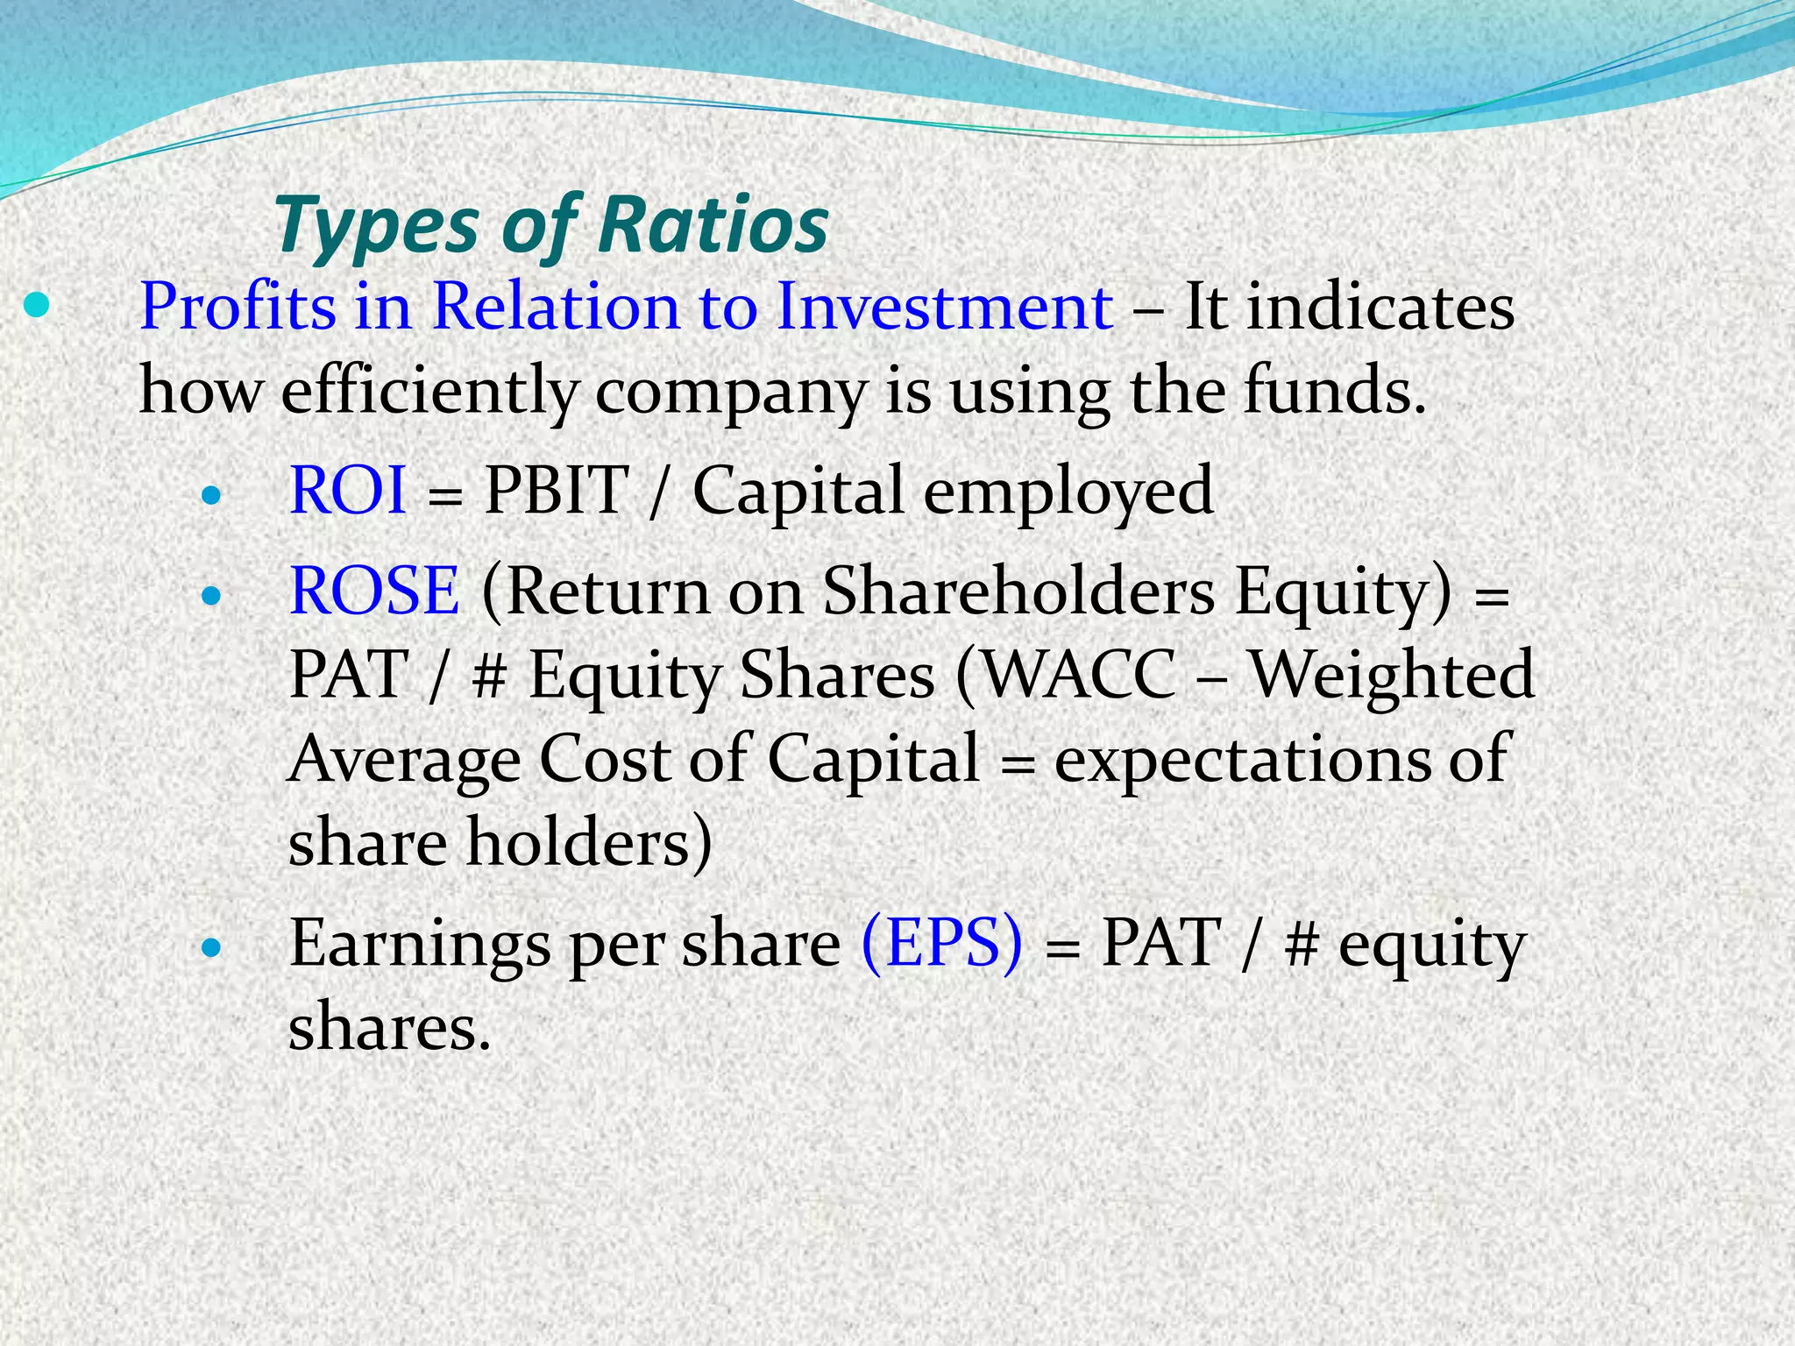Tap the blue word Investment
click(944, 307)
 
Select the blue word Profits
click(238, 307)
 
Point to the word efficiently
click(429, 391)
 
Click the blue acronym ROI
click(347, 490)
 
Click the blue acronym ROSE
click(374, 591)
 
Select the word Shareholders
click(1018, 591)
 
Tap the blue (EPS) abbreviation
click(941, 944)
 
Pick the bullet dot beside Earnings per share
click(211, 948)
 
